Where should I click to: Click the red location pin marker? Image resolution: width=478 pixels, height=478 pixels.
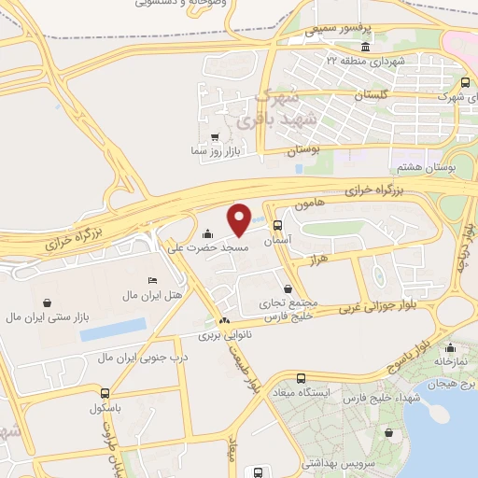pyautogui.click(x=239, y=218)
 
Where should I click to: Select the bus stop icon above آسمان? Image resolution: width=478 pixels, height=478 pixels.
pyautogui.click(x=278, y=225)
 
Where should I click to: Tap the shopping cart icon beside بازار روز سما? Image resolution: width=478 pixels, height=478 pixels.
pyautogui.click(x=216, y=136)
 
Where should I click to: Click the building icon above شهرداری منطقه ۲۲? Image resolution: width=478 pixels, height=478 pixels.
pyautogui.click(x=364, y=48)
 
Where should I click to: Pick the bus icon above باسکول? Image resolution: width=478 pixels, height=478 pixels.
pyautogui.click(x=105, y=392)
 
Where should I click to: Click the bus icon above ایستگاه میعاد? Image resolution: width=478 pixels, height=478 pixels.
pyautogui.click(x=300, y=378)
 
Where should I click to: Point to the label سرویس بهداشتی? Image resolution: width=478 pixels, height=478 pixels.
pyautogui.click(x=344, y=462)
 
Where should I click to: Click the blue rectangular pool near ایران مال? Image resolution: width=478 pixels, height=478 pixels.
pyautogui.click(x=113, y=328)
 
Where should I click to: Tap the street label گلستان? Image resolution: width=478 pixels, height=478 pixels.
pyautogui.click(x=372, y=96)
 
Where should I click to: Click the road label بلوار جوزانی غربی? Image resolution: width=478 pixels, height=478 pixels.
pyautogui.click(x=387, y=302)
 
